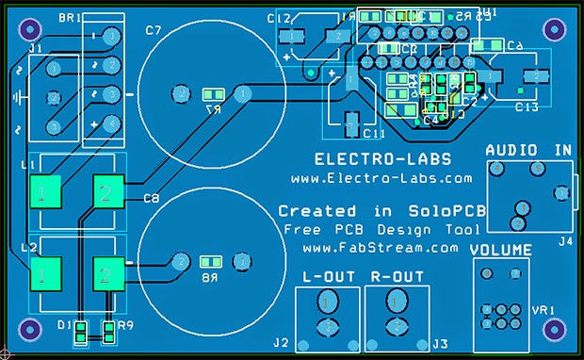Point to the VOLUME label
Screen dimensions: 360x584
[501, 251]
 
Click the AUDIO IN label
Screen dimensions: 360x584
[528, 150]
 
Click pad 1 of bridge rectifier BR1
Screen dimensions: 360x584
[111, 37]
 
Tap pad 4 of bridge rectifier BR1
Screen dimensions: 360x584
[111, 123]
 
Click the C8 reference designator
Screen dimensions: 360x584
[151, 198]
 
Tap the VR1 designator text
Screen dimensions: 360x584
[543, 308]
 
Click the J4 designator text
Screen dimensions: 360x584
[564, 241]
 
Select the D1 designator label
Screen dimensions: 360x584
[63, 324]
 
